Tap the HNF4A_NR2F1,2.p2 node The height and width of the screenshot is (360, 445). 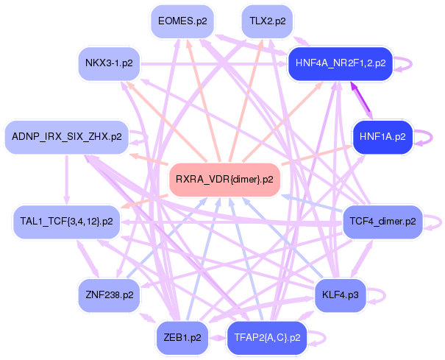click(x=340, y=63)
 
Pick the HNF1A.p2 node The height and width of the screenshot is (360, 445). click(x=381, y=136)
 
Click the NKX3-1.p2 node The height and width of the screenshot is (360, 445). click(x=109, y=63)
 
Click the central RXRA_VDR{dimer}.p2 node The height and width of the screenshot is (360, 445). click(x=225, y=180)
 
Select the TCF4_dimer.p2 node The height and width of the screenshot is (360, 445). click(x=382, y=221)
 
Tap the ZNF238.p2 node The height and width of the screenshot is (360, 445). click(x=109, y=294)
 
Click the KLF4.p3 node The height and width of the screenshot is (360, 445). click(x=341, y=294)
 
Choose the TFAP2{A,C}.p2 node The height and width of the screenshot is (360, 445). click(x=267, y=338)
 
